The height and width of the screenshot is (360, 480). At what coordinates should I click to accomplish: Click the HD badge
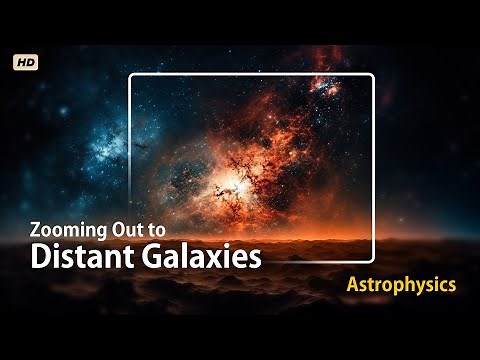(26, 62)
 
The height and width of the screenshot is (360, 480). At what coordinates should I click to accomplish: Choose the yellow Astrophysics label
(401, 285)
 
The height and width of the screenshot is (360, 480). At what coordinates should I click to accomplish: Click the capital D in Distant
(40, 256)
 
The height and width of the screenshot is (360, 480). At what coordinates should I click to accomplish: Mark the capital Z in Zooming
(38, 228)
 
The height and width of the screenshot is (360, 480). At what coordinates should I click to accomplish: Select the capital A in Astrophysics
(353, 285)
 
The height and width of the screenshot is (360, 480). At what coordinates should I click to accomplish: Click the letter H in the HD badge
(21, 62)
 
